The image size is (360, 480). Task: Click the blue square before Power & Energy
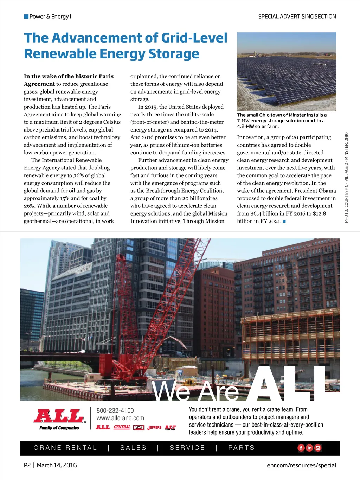[x=26, y=17]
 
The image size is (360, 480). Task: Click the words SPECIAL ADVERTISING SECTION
[x=297, y=17]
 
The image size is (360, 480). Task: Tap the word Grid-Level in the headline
[x=194, y=38]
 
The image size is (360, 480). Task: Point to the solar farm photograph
[x=287, y=72]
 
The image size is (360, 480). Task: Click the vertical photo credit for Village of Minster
[x=346, y=177]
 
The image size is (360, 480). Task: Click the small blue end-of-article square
[x=284, y=222]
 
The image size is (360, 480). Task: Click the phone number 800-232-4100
[x=115, y=411]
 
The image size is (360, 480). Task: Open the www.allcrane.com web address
[x=120, y=418]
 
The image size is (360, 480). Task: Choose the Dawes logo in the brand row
[x=139, y=428]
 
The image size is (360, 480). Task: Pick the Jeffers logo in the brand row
[x=154, y=428]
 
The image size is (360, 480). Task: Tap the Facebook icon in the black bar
[x=301, y=448]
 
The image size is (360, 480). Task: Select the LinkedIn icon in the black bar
[x=309, y=448]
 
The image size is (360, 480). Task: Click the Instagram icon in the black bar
[x=318, y=448]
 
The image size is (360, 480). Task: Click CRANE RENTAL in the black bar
[x=65, y=448]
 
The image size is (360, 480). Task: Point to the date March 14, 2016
[x=57, y=465]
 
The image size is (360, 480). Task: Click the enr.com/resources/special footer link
[x=301, y=465]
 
